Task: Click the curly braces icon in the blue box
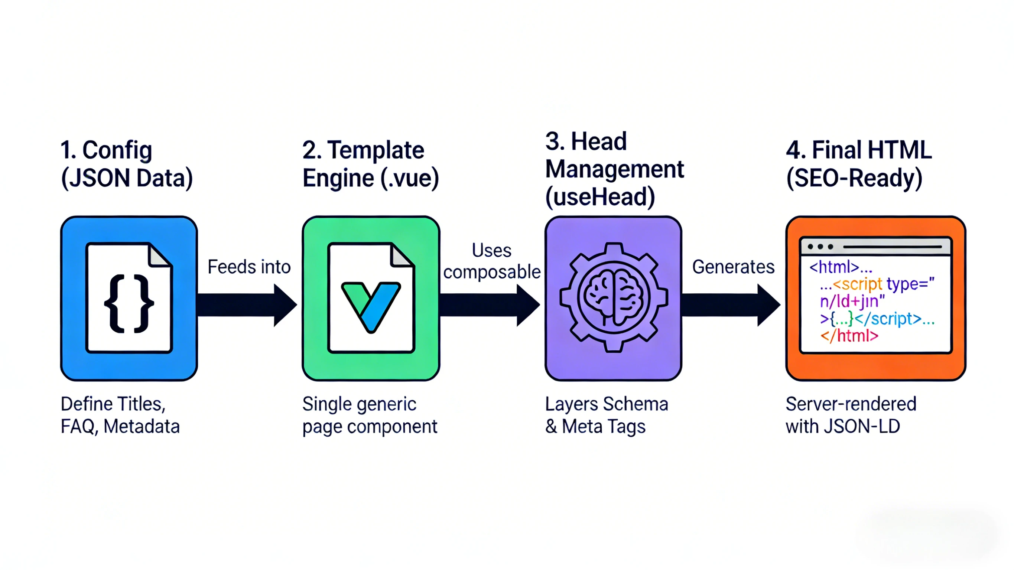129,303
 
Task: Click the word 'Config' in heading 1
117,150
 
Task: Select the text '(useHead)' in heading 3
600,197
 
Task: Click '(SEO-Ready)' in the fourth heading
854,178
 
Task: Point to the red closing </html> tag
849,336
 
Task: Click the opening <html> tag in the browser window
834,267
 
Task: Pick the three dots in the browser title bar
820,247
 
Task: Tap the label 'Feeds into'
249,267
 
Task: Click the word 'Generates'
733,267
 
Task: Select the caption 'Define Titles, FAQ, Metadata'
120,415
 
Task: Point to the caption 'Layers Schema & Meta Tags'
606,415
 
